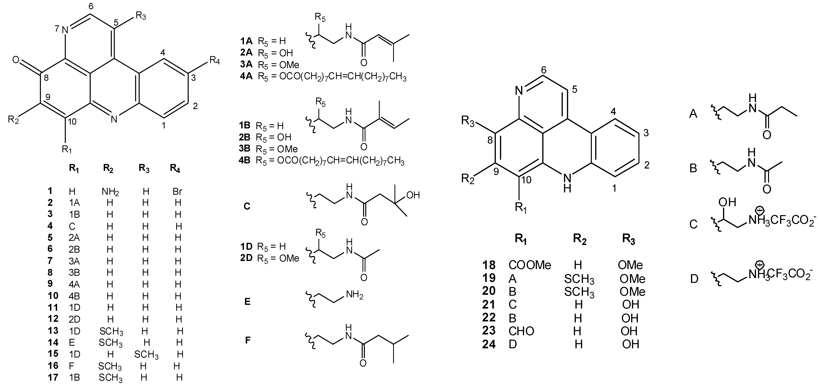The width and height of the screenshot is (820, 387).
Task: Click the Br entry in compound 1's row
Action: click(177, 191)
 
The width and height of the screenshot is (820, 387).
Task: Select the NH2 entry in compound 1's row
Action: click(110, 192)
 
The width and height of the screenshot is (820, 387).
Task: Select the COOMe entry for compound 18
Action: click(530, 265)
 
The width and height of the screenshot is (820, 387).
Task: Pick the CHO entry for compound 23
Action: click(521, 331)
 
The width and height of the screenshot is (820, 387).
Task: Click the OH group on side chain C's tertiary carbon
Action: click(413, 195)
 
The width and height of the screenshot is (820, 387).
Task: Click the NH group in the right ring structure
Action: click(567, 183)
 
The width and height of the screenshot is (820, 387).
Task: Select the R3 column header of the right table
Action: click(629, 239)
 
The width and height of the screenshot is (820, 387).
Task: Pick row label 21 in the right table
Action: click(489, 305)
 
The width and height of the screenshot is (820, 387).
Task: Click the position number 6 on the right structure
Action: click(544, 70)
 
